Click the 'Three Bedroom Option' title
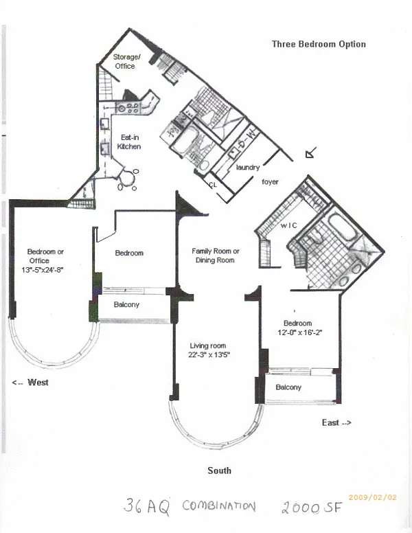319,44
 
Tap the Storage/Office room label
126,62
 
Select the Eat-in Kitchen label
129,142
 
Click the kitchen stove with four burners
128,108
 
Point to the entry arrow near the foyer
311,152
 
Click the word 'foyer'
270,182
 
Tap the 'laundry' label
248,167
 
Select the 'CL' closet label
213,185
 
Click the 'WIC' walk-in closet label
288,225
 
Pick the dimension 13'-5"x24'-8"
43,270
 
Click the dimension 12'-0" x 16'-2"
300,332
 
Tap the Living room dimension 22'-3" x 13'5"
209,355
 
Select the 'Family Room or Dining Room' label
215,256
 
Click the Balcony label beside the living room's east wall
288,387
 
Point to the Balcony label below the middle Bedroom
126,304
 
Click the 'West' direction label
30,383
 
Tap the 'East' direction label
336,422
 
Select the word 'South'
219,470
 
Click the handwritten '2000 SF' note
311,507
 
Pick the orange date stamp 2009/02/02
373,497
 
